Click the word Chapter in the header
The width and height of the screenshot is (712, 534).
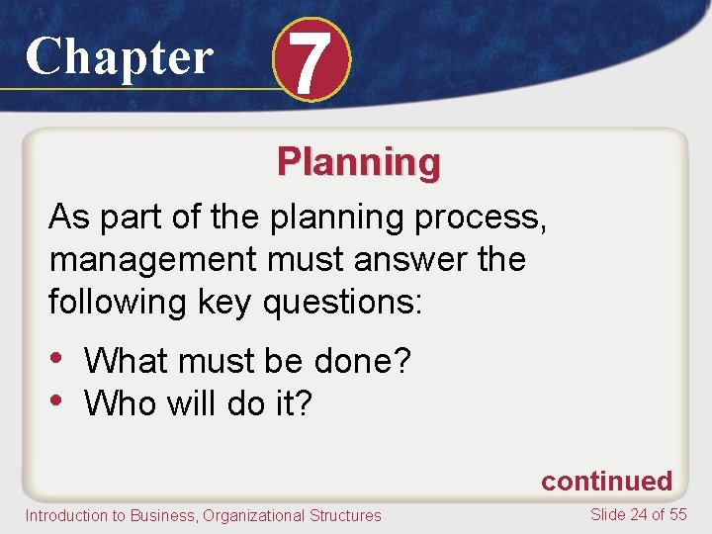tap(119, 56)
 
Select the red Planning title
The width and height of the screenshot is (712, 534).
tap(358, 161)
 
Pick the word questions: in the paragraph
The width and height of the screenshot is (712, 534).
tap(342, 303)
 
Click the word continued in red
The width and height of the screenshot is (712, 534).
tap(605, 482)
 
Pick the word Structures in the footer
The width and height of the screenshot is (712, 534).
tap(345, 515)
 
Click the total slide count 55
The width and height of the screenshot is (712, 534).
tap(677, 514)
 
